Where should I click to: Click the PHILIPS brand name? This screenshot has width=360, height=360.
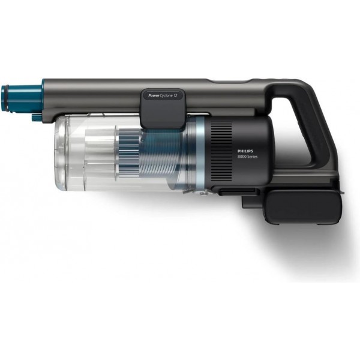[x=245, y=151]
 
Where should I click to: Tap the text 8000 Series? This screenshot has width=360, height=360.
[x=247, y=157]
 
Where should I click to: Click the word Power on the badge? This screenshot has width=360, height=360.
[x=152, y=95]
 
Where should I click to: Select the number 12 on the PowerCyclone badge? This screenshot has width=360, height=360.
[x=175, y=95]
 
